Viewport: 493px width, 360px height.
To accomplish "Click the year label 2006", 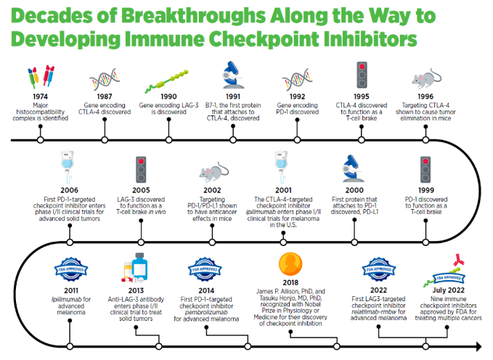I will click(x=69, y=191).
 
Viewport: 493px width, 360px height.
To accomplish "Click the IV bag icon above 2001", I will click(x=282, y=168).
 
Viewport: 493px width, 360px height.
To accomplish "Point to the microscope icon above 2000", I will click(x=354, y=168).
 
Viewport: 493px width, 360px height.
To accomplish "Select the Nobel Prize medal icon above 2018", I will click(x=291, y=264).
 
